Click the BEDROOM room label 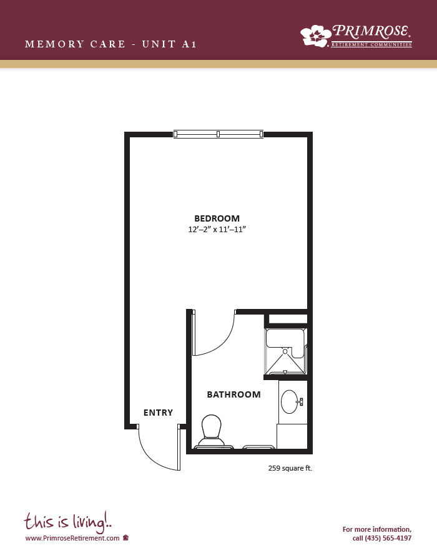tap(217, 218)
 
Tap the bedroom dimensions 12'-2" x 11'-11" tap(217, 230)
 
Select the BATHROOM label tap(234, 394)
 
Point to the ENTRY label tap(158, 413)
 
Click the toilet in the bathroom tap(212, 429)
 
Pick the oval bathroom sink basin tap(290, 402)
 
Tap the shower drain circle tap(285, 351)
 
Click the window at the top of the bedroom tap(219, 134)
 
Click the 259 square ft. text tap(290, 468)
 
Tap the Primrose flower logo tap(316, 36)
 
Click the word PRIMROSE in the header tap(371, 31)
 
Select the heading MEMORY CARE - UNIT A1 tap(111, 44)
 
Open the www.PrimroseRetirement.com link tap(72, 538)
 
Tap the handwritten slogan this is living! tap(68, 522)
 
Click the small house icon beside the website tap(126, 537)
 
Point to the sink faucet tap(300, 402)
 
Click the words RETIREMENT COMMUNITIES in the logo tap(371, 44)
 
